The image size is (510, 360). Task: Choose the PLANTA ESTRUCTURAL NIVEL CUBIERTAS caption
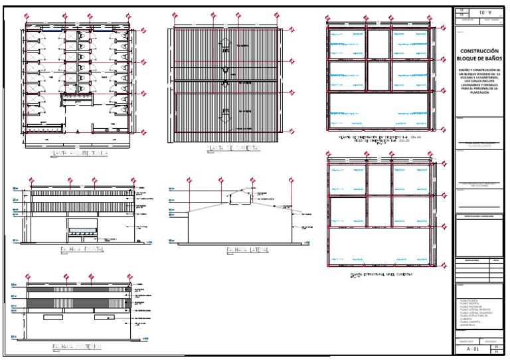click(x=381, y=273)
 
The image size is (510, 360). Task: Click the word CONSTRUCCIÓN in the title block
click(x=479, y=51)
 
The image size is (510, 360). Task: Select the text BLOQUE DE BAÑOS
click(x=479, y=59)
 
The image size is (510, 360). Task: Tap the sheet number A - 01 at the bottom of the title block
click(x=473, y=348)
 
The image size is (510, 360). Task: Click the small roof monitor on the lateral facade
click(x=240, y=195)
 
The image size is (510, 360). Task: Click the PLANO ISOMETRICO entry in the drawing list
click(x=469, y=324)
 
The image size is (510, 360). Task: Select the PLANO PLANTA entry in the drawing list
click(x=469, y=301)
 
